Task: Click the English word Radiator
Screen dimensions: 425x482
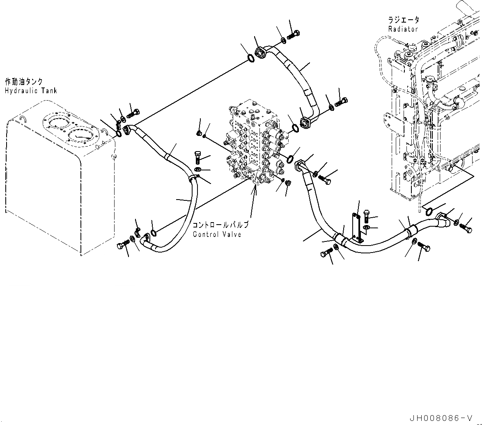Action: pos(403,29)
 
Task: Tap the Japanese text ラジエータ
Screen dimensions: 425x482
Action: pos(404,20)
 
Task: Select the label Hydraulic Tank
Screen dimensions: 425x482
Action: pos(31,91)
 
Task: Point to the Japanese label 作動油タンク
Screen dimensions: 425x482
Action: pos(23,82)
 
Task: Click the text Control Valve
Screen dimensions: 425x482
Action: pos(217,234)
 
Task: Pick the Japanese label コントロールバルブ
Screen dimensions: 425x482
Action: pos(220,225)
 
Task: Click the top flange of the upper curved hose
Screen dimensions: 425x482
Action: pos(261,52)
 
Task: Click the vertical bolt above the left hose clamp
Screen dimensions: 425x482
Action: pos(198,157)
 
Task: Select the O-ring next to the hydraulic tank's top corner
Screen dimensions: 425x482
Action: pos(118,133)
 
